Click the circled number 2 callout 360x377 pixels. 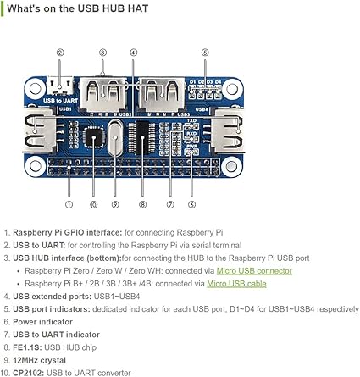60,53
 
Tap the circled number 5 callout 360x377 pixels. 205,53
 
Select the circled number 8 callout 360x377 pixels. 142,205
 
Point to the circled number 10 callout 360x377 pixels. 93,205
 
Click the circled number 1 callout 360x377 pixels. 69,205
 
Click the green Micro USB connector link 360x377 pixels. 254,271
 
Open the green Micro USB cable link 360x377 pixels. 236,284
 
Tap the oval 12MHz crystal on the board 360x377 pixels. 115,137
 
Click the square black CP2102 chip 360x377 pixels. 94,136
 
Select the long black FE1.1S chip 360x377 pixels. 142,138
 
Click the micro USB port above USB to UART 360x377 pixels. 60,86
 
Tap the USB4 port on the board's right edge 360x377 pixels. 228,130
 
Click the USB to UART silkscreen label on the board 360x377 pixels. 60,100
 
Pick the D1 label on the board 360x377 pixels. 192,82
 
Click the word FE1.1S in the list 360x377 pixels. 27,347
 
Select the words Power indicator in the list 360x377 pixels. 42,322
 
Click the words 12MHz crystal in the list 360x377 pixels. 39,360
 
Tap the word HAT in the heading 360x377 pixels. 138,8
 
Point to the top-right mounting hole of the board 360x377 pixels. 232,89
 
